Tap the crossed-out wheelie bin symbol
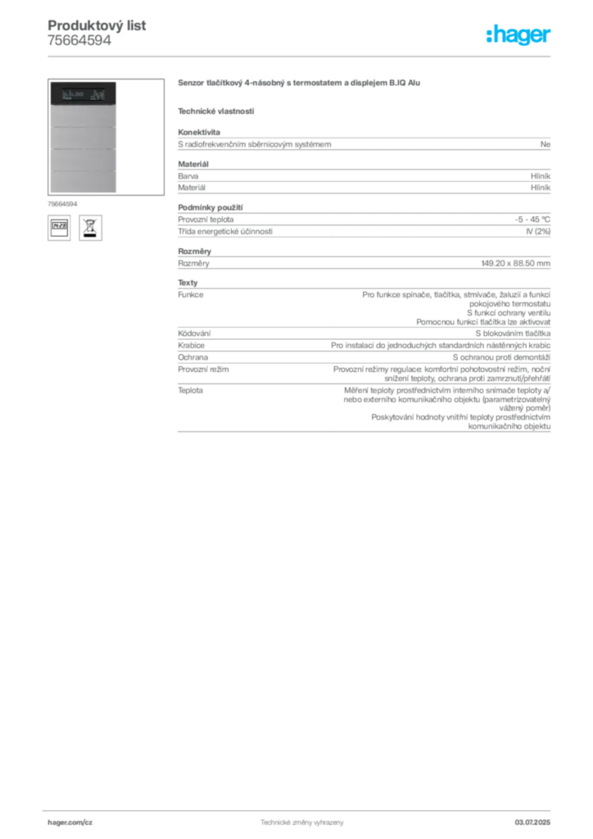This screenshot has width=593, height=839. (x=89, y=227)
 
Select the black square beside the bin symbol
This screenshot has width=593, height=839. (x=59, y=227)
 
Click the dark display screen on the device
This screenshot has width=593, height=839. (x=81, y=95)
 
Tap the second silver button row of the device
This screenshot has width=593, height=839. (x=82, y=138)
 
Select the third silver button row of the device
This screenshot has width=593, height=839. (x=82, y=159)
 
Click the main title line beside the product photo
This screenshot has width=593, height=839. (x=301, y=84)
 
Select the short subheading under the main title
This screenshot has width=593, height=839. (x=216, y=111)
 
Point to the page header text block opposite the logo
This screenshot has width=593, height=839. (x=97, y=33)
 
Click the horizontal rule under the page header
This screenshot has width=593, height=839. (x=301, y=56)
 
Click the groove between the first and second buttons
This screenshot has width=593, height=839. (x=82, y=127)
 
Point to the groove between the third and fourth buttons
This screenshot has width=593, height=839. (x=82, y=170)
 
